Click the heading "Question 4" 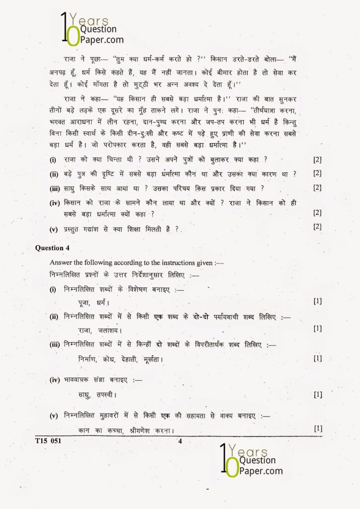[x=49, y=248]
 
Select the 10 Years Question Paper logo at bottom [x=251, y=462]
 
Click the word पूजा [x=86, y=302]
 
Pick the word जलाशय [x=109, y=330]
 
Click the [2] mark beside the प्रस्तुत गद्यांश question [x=317, y=227]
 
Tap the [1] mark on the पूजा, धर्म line [x=317, y=301]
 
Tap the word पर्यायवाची [x=233, y=317]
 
